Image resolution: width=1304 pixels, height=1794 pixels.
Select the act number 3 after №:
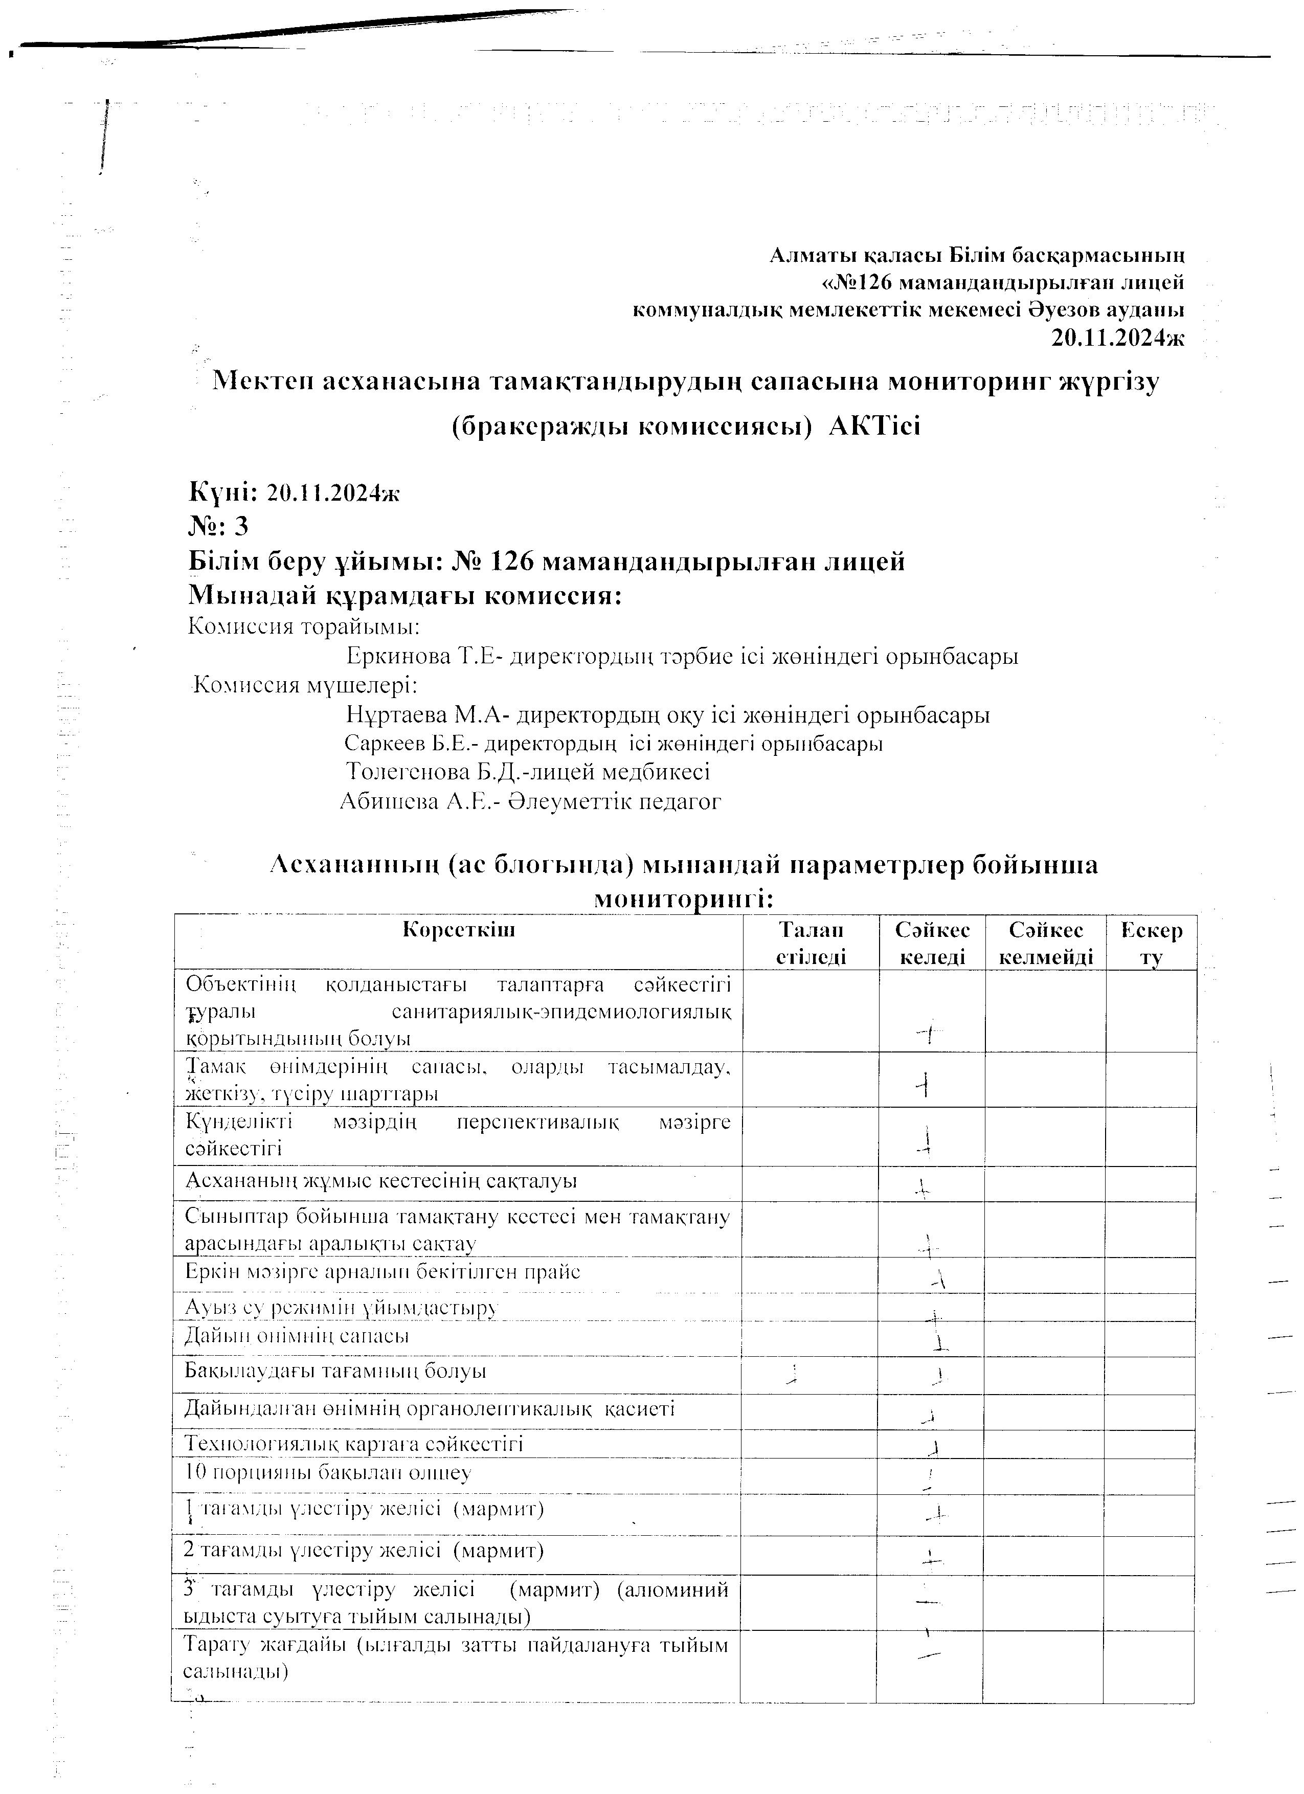[x=241, y=526]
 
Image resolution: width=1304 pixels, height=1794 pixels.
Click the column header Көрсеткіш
[x=459, y=929]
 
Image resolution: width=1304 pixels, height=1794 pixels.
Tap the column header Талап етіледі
[x=811, y=943]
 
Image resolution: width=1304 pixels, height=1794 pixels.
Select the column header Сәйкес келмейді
[x=1045, y=943]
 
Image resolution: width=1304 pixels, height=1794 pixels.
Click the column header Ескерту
[x=1152, y=943]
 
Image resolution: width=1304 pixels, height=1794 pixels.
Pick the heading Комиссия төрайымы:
[x=304, y=627]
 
